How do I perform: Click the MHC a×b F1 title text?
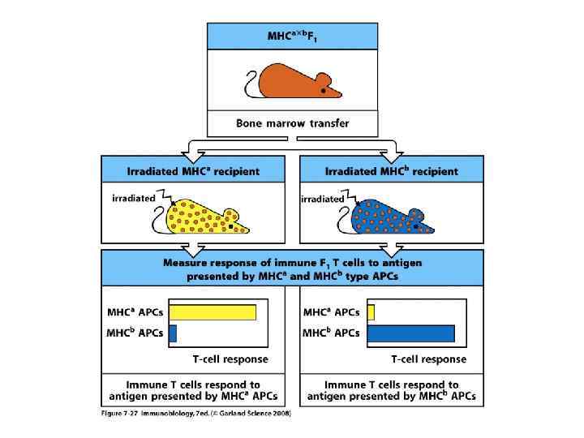coord(292,37)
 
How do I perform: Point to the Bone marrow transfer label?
coord(293,124)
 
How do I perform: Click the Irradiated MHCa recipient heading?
coord(193,171)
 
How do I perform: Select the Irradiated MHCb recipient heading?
coord(392,171)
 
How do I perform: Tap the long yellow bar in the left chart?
coord(212,312)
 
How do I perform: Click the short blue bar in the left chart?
coord(172,333)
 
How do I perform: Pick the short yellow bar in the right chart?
coord(371,312)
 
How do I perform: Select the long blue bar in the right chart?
coord(410,333)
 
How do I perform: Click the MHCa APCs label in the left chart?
coord(135,311)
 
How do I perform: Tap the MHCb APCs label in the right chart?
coord(331,333)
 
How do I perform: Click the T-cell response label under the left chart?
coord(230,358)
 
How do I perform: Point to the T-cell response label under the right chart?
coord(428,358)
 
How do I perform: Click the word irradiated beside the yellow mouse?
coord(132,197)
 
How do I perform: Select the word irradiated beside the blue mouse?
coord(322,199)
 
